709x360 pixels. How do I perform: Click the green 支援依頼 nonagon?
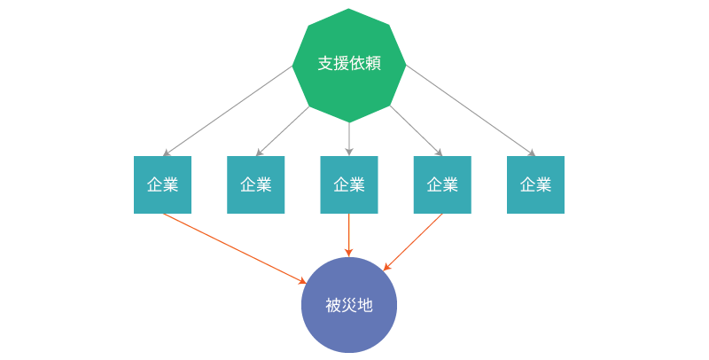pyautogui.click(x=349, y=64)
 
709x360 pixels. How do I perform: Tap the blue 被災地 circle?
pyautogui.click(x=349, y=305)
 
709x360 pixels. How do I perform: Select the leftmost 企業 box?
pyautogui.click(x=163, y=184)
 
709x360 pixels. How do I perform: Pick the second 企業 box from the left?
pyautogui.click(x=256, y=184)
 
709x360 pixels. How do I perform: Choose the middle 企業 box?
pyautogui.click(x=349, y=184)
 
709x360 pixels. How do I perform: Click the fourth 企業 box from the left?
pyautogui.click(x=442, y=184)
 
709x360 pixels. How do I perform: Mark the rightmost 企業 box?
pyautogui.click(x=535, y=184)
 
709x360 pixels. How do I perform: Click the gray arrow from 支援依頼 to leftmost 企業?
pyautogui.click(x=228, y=111)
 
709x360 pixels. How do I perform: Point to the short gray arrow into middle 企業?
pyautogui.click(x=349, y=138)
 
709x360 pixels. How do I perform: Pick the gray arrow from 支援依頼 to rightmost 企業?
pyautogui.click(x=471, y=111)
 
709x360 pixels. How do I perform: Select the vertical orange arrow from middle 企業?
pyautogui.click(x=349, y=235)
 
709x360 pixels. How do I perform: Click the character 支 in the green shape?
pyautogui.click(x=325, y=64)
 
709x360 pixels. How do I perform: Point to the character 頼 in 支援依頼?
pyautogui.click(x=373, y=64)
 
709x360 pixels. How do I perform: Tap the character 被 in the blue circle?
pyautogui.click(x=333, y=305)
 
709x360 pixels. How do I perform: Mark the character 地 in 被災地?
pyautogui.click(x=365, y=305)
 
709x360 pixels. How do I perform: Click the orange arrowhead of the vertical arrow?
pyautogui.click(x=349, y=254)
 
